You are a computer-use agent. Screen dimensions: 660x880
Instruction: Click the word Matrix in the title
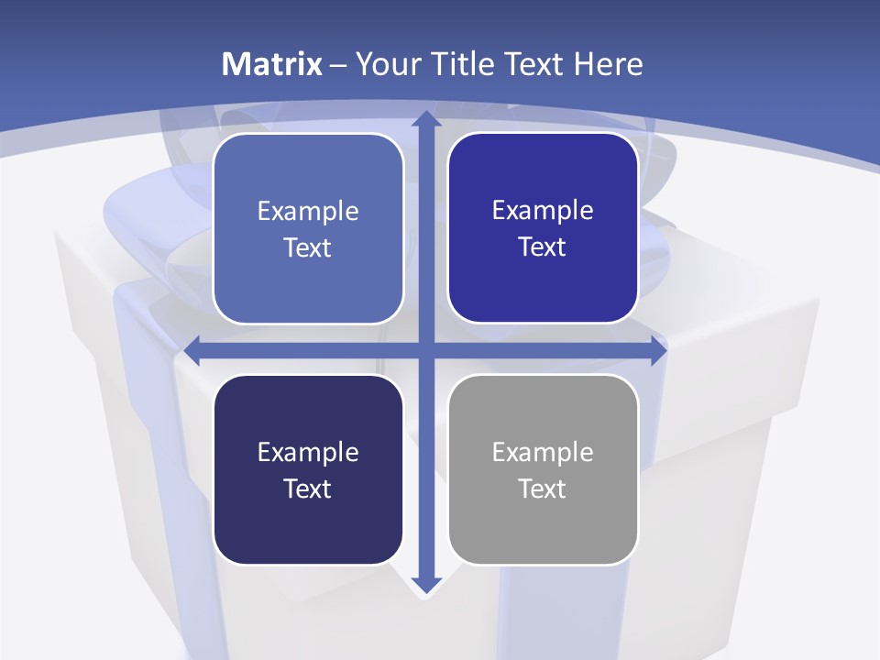(x=272, y=64)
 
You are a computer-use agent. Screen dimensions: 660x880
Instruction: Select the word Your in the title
(x=386, y=64)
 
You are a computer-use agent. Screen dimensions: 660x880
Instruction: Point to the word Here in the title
(x=609, y=64)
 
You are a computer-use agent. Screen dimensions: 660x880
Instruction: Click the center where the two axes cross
(x=425, y=350)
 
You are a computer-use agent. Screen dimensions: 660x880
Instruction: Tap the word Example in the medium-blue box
(x=308, y=212)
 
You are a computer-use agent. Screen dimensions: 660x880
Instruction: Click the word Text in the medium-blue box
(x=308, y=247)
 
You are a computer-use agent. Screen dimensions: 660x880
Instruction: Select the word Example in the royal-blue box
(x=543, y=211)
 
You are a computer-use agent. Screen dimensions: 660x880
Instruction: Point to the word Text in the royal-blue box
(x=543, y=247)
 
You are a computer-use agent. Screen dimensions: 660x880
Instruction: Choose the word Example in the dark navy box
(x=308, y=453)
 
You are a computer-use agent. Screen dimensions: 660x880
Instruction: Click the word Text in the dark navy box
(x=308, y=489)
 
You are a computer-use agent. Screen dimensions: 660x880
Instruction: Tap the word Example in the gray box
(x=543, y=453)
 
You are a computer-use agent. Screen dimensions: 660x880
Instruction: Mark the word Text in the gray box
(x=543, y=489)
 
